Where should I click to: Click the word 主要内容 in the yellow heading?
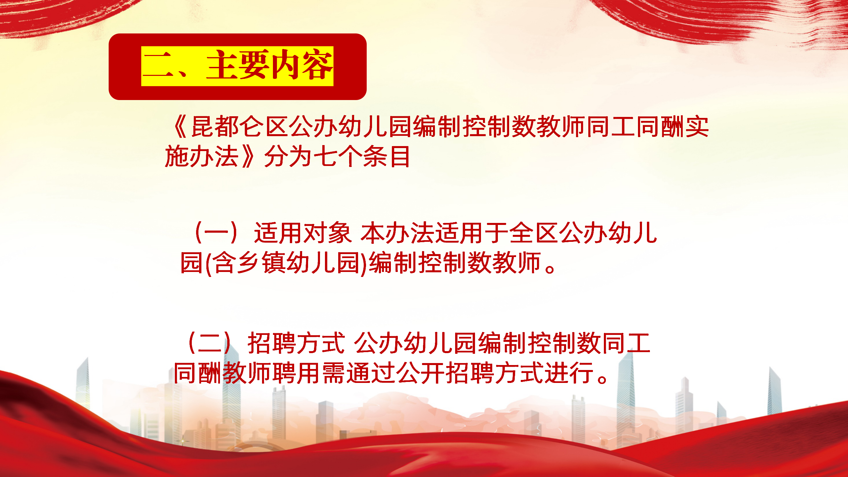(269, 65)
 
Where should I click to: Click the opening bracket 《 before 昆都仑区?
(181, 127)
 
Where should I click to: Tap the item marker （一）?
(216, 233)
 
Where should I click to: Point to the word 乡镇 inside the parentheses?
(250, 262)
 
